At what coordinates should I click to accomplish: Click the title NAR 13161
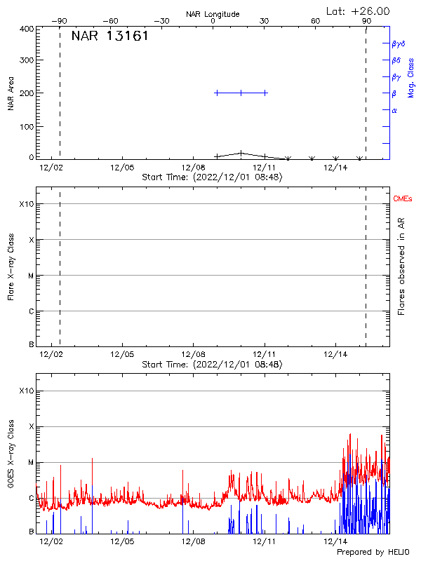click(109, 36)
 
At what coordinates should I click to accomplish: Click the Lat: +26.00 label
click(359, 11)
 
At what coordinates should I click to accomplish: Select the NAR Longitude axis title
click(213, 14)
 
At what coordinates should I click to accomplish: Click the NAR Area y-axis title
click(11, 93)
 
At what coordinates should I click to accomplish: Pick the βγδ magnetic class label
click(398, 43)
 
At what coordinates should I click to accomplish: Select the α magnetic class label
click(394, 110)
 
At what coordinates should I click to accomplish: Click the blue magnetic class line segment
click(241, 93)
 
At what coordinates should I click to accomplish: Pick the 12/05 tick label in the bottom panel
click(122, 541)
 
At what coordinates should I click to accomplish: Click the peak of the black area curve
click(241, 152)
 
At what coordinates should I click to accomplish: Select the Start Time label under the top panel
click(212, 177)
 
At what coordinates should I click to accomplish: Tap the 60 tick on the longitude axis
click(316, 21)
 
